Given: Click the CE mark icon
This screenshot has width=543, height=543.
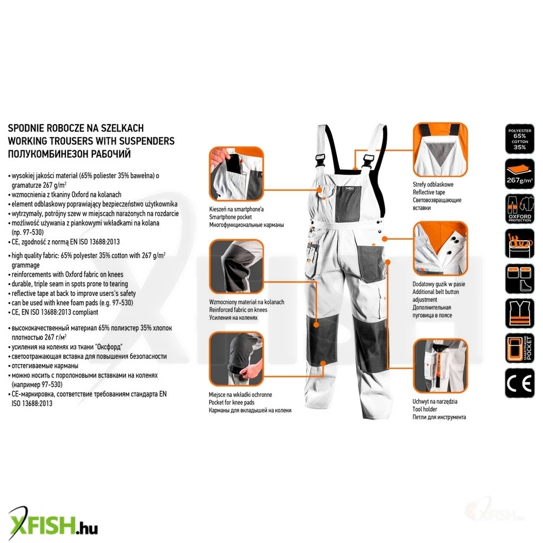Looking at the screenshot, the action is coord(520,383).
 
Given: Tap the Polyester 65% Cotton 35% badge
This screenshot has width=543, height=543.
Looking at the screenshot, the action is coord(520,138).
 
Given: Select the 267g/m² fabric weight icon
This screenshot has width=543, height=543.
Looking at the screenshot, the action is coord(520,174).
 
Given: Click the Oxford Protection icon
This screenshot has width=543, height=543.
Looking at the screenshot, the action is coord(520,208).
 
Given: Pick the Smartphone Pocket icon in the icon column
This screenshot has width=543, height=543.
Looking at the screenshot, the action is coord(520,348).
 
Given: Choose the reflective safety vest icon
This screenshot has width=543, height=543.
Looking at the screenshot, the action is coord(520,313).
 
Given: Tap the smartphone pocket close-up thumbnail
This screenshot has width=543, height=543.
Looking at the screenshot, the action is coord(236,174).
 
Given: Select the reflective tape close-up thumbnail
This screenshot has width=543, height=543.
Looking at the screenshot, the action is coord(440,150).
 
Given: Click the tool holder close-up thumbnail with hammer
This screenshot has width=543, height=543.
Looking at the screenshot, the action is coord(440,366).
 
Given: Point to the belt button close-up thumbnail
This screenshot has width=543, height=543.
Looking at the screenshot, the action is coord(440,249).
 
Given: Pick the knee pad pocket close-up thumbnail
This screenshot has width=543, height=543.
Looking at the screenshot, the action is coord(236,359).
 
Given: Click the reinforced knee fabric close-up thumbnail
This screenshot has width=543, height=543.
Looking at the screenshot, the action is coord(236,266).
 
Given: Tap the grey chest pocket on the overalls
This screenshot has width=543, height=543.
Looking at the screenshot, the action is coord(348,204).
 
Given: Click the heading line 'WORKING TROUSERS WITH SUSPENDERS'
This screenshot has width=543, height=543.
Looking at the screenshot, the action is coord(91,141).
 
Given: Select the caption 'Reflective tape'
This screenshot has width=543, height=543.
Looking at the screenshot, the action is coord(428,192).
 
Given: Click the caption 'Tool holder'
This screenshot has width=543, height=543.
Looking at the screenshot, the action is coord(425,409).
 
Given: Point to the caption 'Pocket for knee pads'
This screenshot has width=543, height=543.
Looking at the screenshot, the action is coord(231,402).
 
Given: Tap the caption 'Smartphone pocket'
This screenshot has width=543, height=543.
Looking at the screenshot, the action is coord(230,217).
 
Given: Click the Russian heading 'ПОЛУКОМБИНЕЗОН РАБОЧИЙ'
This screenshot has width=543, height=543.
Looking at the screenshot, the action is coord(69,154).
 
